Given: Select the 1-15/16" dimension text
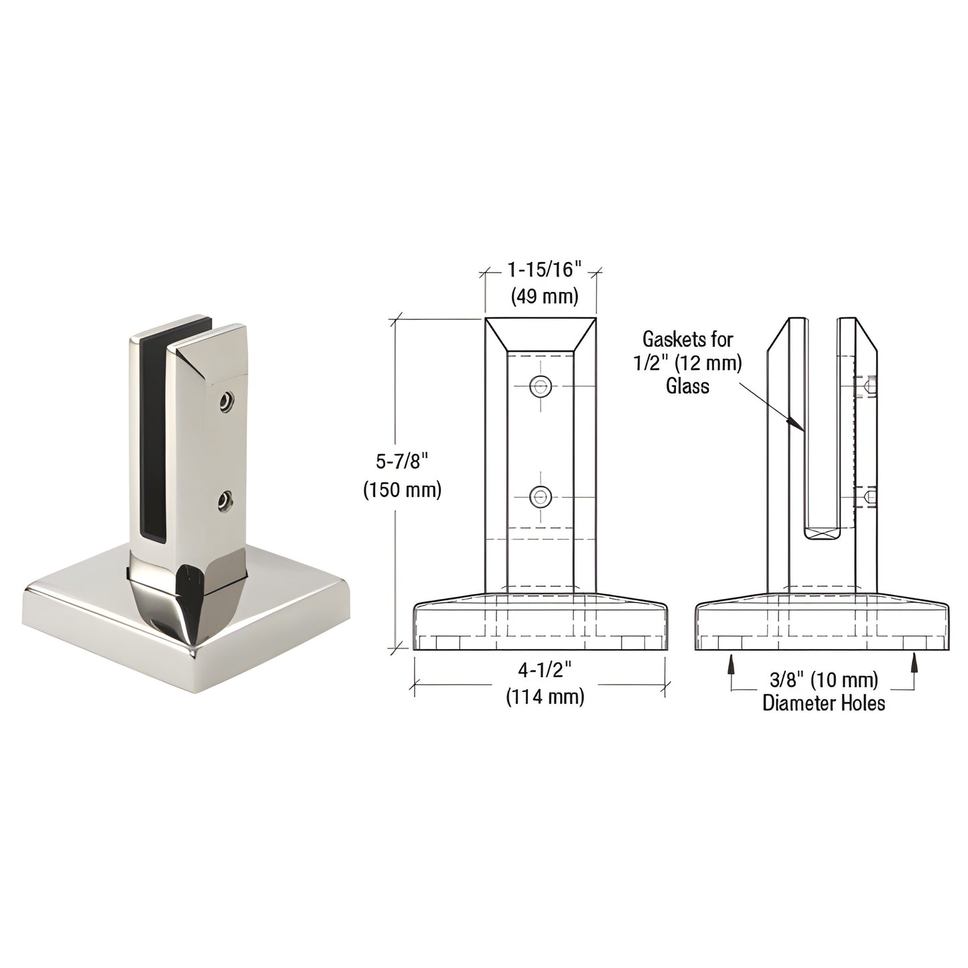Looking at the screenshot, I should [x=541, y=271].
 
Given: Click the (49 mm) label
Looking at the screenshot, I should [x=541, y=295].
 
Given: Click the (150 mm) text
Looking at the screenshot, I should [x=402, y=490].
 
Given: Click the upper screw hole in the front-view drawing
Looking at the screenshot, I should [x=540, y=385].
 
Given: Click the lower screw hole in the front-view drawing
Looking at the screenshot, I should [x=540, y=496].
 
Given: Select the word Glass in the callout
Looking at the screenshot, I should [x=687, y=386].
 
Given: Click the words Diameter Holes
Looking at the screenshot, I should [x=823, y=703].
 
